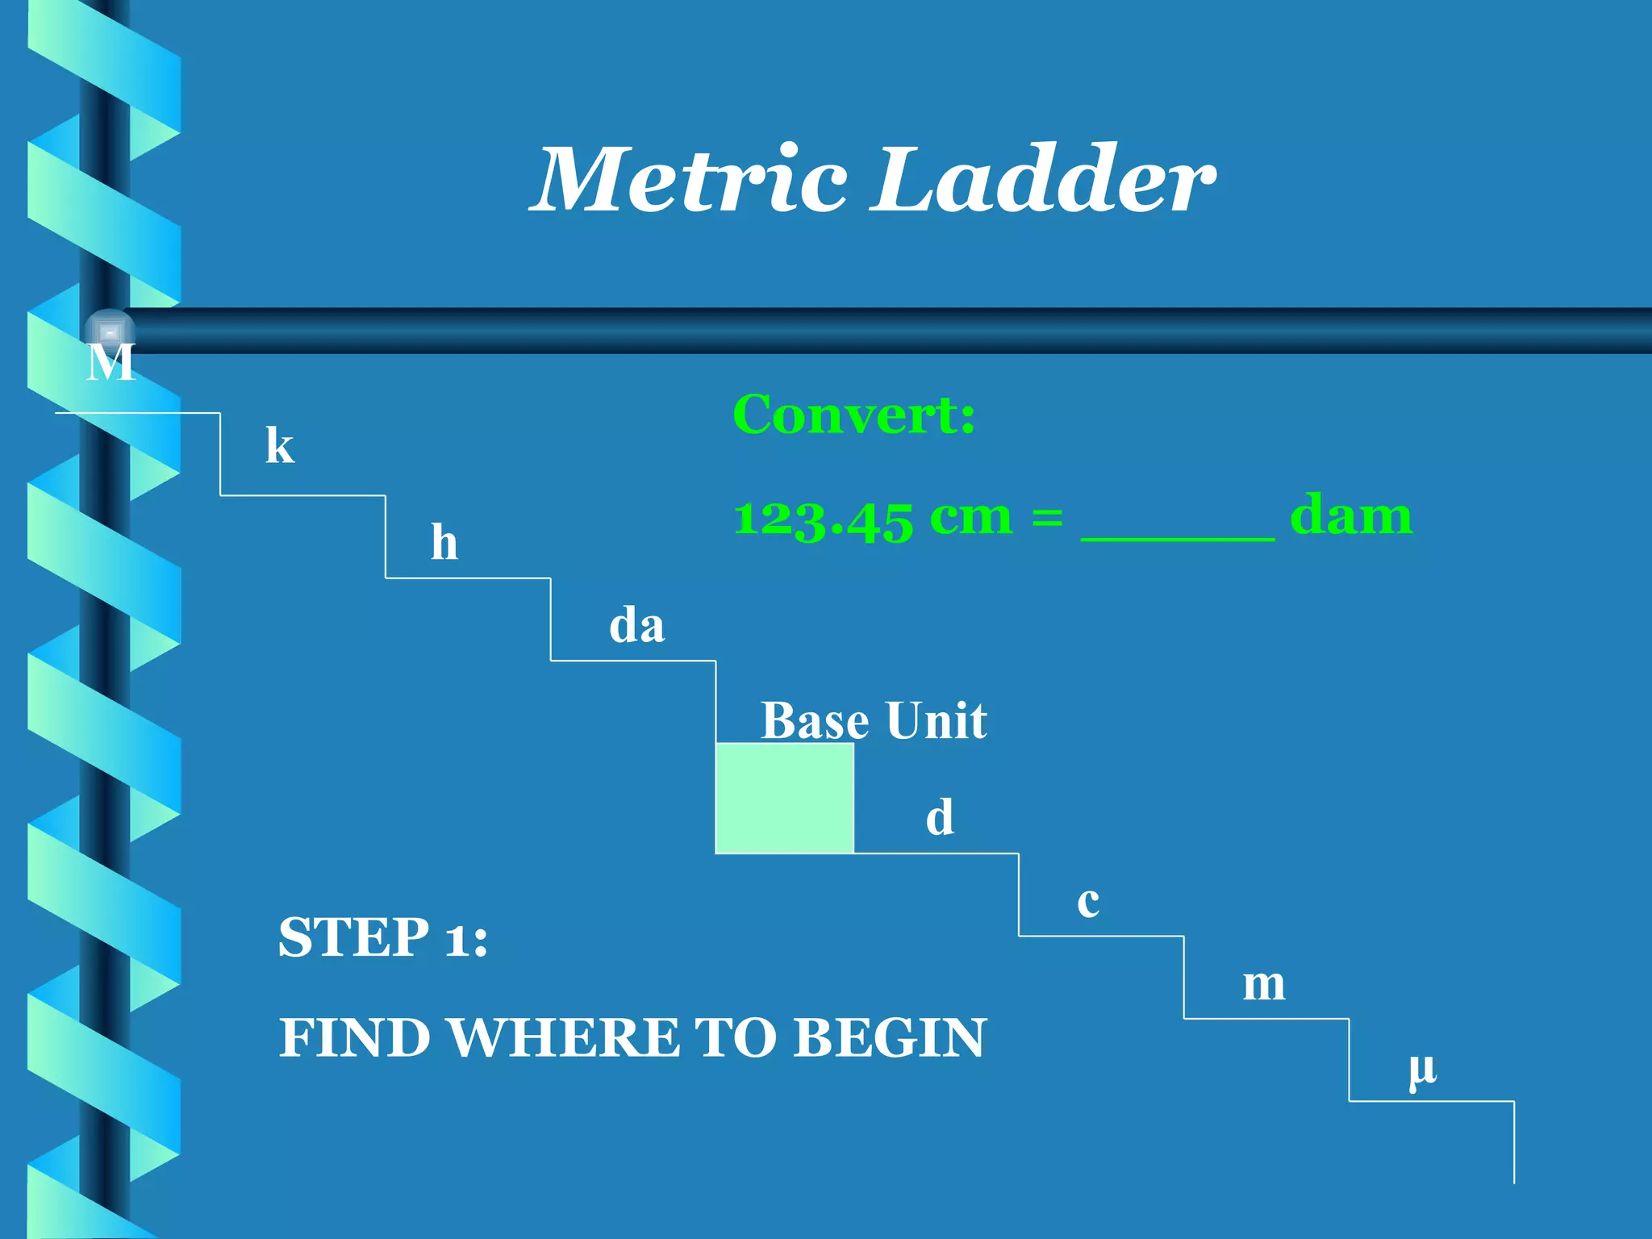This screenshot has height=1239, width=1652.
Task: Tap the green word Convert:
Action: pyautogui.click(x=853, y=415)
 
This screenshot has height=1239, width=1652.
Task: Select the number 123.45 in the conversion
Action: pyautogui.click(x=823, y=518)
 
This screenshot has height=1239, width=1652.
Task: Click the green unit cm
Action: pyautogui.click(x=970, y=518)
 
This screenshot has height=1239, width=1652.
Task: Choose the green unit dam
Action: pyautogui.click(x=1351, y=516)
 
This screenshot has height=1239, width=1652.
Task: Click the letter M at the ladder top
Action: pyautogui.click(x=111, y=363)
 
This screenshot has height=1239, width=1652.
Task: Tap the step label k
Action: pyautogui.click(x=280, y=445)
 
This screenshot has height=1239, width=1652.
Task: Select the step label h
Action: pyautogui.click(x=444, y=542)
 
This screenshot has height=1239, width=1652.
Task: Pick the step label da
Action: pyautogui.click(x=636, y=626)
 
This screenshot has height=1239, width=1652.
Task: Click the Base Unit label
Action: pyautogui.click(x=874, y=720)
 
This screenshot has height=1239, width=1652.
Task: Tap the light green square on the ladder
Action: pyautogui.click(x=784, y=798)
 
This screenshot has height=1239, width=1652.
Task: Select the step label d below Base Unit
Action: pyautogui.click(x=940, y=817)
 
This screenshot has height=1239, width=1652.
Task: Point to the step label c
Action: pyautogui.click(x=1088, y=902)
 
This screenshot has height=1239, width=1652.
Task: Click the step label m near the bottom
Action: pyautogui.click(x=1263, y=985)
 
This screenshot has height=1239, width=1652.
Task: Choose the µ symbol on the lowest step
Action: pyautogui.click(x=1422, y=1070)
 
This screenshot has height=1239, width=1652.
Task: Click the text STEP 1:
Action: pyautogui.click(x=383, y=937)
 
